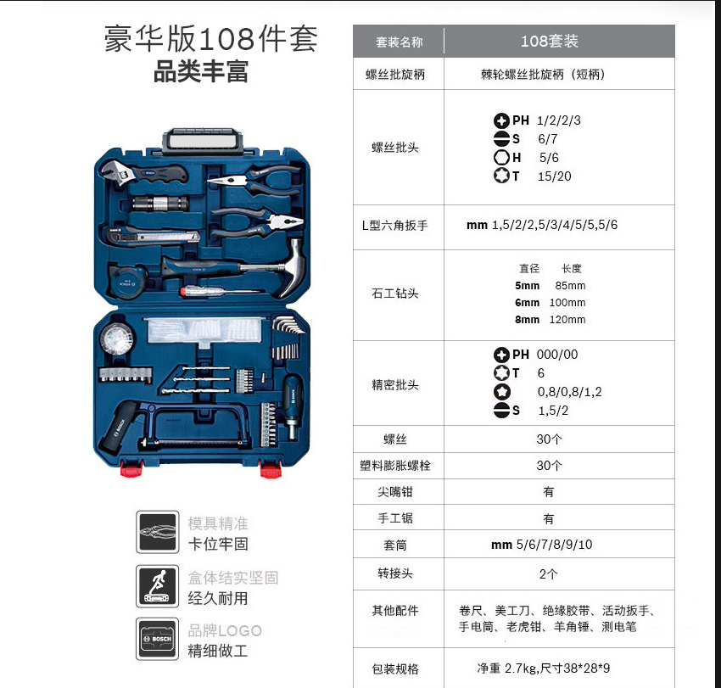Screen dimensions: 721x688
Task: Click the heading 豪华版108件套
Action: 210,39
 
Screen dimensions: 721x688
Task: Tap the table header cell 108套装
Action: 550,42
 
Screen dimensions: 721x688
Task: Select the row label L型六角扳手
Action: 395,226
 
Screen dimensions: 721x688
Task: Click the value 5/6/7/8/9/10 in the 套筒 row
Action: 554,545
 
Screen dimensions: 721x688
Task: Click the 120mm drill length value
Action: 567,319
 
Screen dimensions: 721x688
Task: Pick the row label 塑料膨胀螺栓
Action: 395,466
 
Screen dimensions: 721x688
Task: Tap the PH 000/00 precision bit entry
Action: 536,355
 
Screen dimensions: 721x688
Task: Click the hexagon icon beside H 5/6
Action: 501,157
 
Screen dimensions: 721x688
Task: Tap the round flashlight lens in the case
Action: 117,339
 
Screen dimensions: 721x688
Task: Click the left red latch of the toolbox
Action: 131,467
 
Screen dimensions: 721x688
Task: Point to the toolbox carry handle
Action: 203,140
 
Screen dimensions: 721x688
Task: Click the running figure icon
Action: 157,586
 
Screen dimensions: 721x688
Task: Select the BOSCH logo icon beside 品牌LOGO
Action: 157,639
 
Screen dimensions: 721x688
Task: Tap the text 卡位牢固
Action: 218,544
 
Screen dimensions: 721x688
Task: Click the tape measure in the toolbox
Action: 126,279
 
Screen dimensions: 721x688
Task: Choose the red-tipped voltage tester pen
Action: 221,292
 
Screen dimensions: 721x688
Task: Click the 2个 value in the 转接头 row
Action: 549,574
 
